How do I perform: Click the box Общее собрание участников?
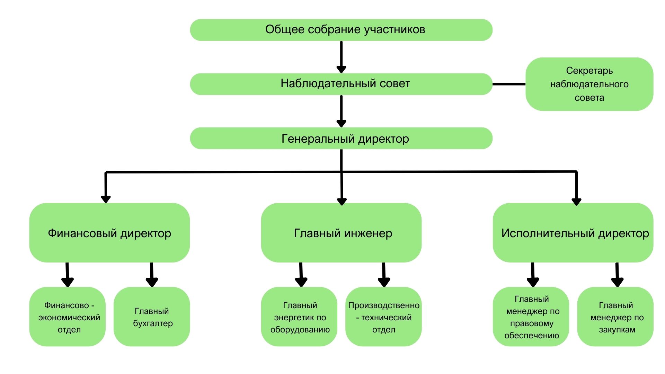click(x=341, y=30)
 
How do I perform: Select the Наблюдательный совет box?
click(x=341, y=84)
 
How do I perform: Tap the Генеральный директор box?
click(x=341, y=138)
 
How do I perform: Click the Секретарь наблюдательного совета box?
click(x=589, y=84)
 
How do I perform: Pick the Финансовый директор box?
click(x=109, y=232)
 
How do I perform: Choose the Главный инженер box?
click(x=341, y=232)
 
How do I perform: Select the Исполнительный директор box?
click(x=573, y=232)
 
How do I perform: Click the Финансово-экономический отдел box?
click(x=68, y=317)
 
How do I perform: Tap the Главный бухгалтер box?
click(x=152, y=317)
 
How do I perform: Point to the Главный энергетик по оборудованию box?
click(x=299, y=317)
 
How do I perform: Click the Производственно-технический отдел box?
click(x=383, y=317)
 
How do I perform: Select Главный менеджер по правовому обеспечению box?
click(x=531, y=317)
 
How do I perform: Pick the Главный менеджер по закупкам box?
click(x=615, y=317)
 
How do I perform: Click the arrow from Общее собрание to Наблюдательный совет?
click(x=341, y=57)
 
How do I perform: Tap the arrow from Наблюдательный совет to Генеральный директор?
click(x=341, y=111)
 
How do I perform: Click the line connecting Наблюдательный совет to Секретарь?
click(x=509, y=84)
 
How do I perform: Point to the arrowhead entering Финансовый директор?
click(x=106, y=199)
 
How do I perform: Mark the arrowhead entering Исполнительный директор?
click(x=576, y=201)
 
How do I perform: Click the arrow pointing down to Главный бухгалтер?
click(x=152, y=275)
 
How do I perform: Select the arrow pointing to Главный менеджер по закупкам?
click(x=617, y=275)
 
